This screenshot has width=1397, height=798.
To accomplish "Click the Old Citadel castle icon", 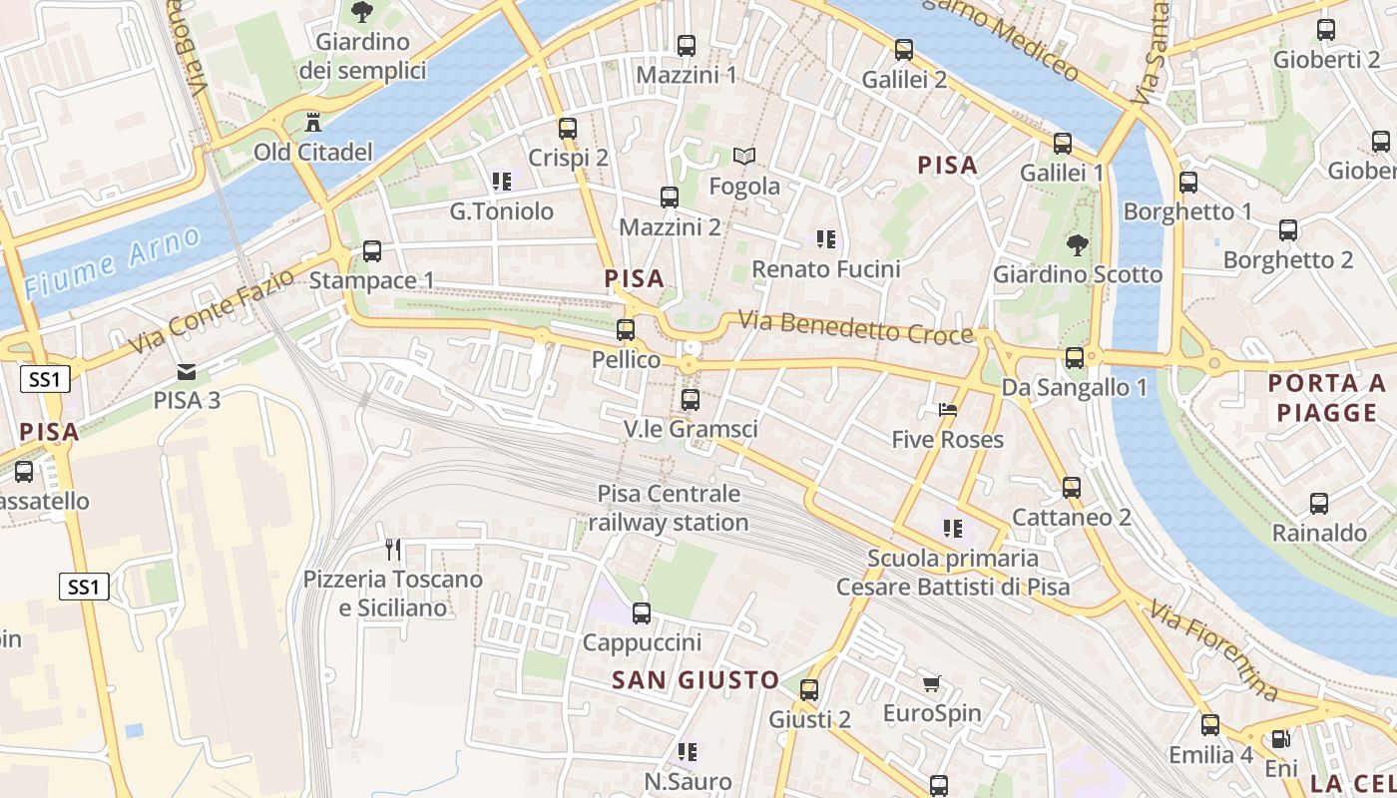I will point(313,123).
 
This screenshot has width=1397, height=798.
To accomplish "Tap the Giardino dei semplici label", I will point(363,56).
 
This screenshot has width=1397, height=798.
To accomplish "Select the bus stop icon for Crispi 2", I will point(568,129).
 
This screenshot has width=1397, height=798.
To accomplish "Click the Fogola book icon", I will point(744,156).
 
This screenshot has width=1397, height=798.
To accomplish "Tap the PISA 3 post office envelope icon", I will point(187,372).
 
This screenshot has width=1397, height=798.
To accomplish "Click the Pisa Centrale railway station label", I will point(669,508).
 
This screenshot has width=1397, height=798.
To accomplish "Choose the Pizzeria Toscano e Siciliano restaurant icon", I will point(393,550).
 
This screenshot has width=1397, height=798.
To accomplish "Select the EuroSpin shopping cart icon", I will point(932,684).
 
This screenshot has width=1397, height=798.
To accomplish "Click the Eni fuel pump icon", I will point(1280,740).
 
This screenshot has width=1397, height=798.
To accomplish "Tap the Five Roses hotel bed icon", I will point(947,410).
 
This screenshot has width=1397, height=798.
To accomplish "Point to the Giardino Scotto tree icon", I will point(1077,244).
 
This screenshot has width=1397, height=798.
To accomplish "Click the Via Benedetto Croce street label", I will point(855,328).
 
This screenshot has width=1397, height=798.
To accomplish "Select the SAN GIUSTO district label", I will point(696,680).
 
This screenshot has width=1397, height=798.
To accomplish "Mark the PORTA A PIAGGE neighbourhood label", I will point(1327,397).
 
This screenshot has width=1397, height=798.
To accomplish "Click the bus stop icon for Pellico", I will point(626,330).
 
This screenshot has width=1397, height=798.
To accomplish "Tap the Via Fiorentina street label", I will point(1213,649).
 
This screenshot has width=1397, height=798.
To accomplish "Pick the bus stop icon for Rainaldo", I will point(1319,504).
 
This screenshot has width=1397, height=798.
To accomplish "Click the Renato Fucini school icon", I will point(826,239).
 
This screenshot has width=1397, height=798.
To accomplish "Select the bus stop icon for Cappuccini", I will point(642,613).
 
